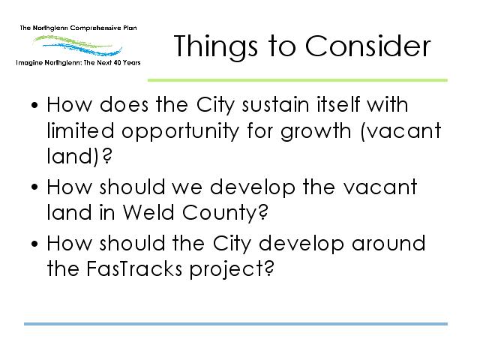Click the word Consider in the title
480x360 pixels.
[367, 46]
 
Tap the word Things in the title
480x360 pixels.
[215, 47]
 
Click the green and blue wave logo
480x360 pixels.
[78, 46]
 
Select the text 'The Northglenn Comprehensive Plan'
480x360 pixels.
[78, 28]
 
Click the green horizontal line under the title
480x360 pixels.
[298, 80]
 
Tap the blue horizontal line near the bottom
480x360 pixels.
[235, 323]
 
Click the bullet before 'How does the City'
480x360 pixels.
[34, 105]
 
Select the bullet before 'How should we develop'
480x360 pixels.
[34, 187]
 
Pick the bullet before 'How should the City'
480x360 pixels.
[34, 244]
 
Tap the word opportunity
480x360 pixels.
[180, 132]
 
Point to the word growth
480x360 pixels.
[316, 132]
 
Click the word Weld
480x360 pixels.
[148, 212]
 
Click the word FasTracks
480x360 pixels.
[134, 268]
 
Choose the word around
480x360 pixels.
[388, 244]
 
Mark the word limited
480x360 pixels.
[80, 130]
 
